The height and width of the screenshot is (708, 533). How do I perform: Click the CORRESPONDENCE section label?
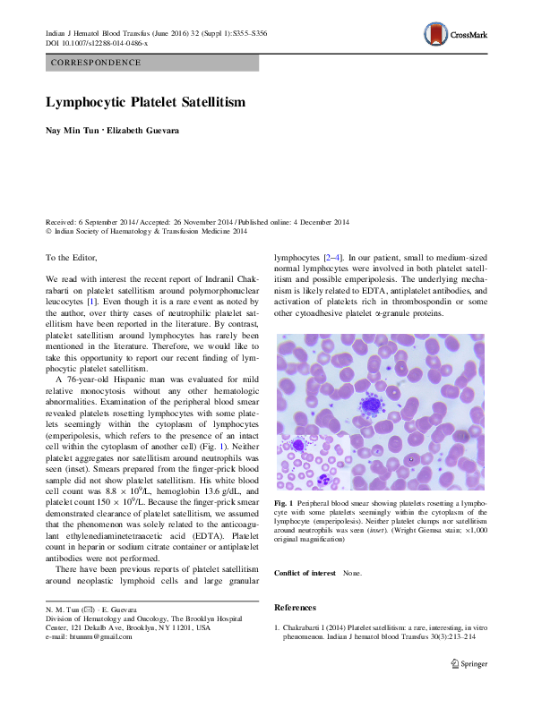97,63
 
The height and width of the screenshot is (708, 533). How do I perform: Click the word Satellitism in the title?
209,103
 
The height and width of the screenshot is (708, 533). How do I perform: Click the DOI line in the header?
97,42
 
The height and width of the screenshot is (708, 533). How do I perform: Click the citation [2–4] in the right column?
332,257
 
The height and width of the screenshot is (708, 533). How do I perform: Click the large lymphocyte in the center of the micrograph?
369,405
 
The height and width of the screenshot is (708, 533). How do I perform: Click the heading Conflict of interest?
305,573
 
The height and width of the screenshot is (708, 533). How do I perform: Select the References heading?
296,608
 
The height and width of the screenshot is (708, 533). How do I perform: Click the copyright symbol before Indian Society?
48,231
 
